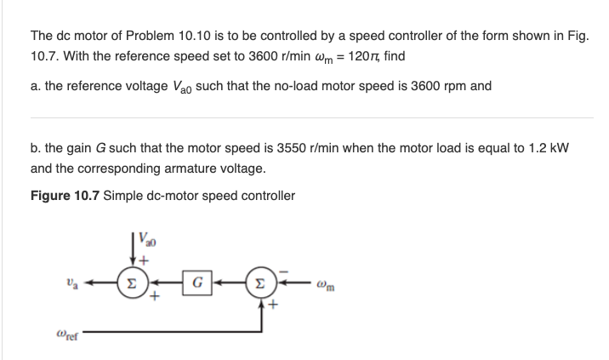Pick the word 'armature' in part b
(x=185, y=169)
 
